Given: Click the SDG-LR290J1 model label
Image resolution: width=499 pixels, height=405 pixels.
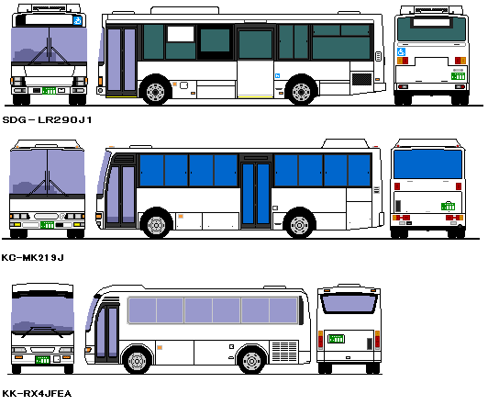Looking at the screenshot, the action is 47,119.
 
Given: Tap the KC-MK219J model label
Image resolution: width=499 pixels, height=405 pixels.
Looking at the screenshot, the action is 33,257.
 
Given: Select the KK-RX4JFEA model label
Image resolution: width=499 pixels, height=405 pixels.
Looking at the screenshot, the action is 37,394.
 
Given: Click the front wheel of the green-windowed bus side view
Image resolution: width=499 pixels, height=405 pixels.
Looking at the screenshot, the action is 155,91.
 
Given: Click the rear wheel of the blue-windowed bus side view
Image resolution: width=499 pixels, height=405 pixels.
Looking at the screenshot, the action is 299,224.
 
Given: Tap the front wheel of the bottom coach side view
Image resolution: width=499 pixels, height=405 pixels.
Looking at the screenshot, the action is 137,360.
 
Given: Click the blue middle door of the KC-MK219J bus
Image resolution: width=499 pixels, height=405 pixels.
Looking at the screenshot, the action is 256,194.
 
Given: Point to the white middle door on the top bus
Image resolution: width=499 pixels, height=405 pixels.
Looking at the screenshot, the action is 255,79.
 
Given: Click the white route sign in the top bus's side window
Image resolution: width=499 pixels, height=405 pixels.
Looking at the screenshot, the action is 181,34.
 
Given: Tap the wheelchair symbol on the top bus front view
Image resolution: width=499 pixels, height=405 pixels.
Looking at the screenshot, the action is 77,21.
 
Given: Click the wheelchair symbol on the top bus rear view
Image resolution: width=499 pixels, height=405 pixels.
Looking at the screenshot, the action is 401,51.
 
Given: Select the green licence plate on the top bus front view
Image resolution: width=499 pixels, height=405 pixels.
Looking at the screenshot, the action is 49,91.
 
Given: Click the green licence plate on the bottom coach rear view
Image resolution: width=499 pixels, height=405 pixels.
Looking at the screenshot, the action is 336,338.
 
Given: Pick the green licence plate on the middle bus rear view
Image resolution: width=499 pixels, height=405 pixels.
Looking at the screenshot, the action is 448,206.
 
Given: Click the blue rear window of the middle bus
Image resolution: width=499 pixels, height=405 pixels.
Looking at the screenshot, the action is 427,164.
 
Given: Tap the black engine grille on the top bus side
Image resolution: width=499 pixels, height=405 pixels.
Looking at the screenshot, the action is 361,79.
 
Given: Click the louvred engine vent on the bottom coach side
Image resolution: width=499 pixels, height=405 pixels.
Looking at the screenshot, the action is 284,352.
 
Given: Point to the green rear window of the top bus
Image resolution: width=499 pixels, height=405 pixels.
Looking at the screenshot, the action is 431,29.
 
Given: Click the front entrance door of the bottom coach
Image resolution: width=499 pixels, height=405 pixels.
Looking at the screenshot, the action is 107,332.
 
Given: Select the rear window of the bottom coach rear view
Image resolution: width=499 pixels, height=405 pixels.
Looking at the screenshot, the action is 349,303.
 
